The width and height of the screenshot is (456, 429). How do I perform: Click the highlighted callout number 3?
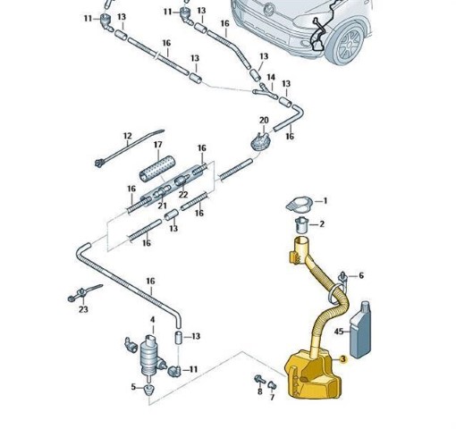[343, 359]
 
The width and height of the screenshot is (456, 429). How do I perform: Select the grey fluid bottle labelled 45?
[360, 330]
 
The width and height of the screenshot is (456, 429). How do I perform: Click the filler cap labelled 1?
[300, 204]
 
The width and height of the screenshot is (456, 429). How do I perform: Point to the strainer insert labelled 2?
[302, 225]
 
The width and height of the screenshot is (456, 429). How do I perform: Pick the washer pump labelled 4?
[150, 356]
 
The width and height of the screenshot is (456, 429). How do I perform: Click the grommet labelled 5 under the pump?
[148, 389]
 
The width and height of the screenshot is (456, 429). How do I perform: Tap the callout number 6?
[361, 275]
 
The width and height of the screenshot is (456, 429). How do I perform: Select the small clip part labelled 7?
[272, 385]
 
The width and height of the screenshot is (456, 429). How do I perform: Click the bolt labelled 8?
[260, 380]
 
